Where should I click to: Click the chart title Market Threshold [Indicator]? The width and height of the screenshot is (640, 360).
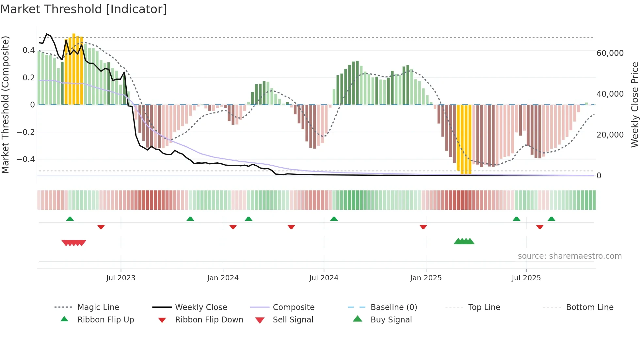point(84,9)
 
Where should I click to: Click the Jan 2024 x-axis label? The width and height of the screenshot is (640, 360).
point(223,278)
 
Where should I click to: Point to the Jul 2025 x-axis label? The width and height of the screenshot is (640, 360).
point(526,278)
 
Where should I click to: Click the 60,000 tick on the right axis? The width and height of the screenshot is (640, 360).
point(610,53)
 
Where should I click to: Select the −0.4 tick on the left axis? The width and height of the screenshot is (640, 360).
point(25,159)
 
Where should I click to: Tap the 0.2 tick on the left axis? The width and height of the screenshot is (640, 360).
point(28,78)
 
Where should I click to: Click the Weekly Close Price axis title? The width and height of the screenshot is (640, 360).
point(634,105)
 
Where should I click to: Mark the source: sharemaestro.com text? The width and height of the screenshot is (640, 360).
point(569,256)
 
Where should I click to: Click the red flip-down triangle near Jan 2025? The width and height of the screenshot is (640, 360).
point(423,227)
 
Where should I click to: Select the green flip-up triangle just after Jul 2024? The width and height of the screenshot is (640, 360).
point(334,219)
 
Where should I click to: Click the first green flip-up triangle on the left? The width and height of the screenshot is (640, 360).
point(70,219)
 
